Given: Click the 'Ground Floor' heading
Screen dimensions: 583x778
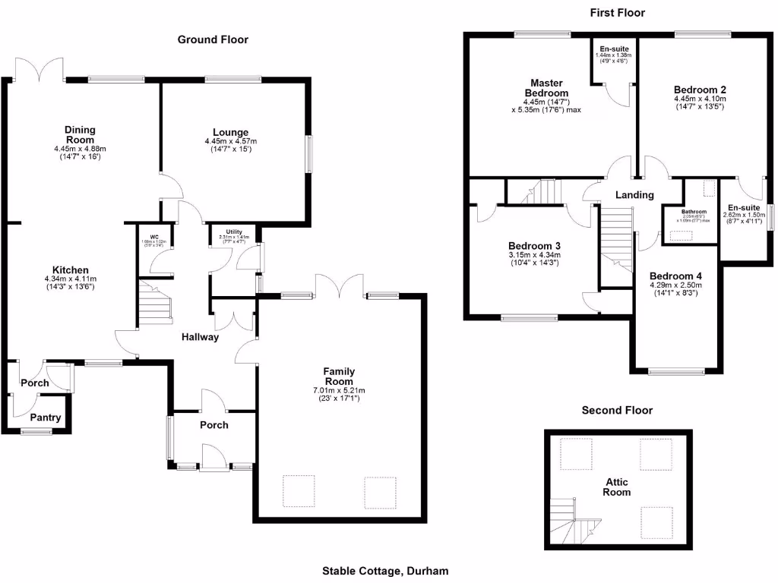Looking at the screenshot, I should (213, 39).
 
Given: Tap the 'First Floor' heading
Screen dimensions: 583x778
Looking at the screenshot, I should (617, 13).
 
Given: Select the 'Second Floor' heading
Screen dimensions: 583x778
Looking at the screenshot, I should (617, 411).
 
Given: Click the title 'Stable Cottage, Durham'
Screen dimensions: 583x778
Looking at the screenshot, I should (385, 571).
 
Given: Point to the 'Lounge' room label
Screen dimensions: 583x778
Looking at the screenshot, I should (231, 132).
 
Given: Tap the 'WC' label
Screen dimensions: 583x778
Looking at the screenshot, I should (153, 236).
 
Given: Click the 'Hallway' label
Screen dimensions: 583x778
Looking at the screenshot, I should (200, 337).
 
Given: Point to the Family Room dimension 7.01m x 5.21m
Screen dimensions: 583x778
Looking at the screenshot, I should (340, 390).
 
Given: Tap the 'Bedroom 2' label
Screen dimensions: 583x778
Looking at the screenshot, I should (699, 88).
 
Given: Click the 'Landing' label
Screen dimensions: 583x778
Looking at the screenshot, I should (634, 195).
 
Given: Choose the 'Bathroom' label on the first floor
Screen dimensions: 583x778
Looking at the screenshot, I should (694, 212).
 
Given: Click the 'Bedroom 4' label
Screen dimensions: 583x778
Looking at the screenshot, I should (676, 276).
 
